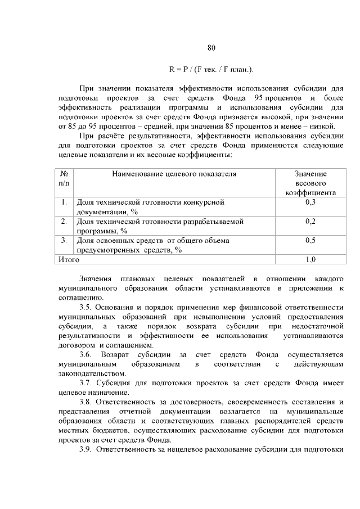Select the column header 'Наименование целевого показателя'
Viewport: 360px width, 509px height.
click(174, 174)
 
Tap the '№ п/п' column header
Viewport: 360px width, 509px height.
click(64, 178)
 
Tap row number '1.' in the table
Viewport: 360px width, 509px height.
click(64, 202)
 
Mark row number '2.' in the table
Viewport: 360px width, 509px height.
click(64, 221)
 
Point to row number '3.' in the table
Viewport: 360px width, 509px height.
click(64, 240)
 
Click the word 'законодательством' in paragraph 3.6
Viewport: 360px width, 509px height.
click(91, 373)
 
